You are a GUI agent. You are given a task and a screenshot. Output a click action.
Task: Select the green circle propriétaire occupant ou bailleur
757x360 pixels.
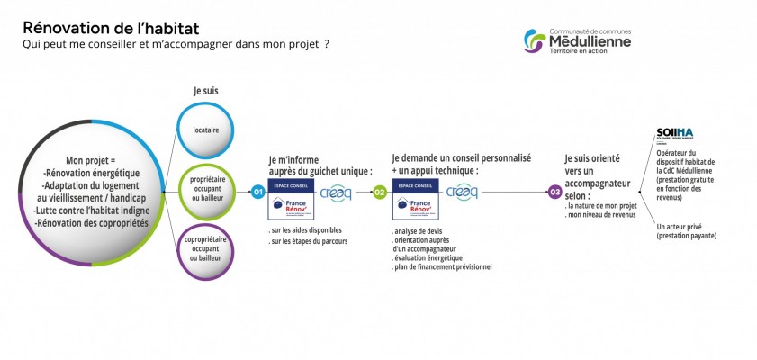pos(207,191)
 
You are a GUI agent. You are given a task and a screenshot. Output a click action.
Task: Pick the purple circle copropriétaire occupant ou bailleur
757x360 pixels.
pos(207,253)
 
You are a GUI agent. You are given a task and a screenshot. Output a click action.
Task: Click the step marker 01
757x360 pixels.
pos(258,192)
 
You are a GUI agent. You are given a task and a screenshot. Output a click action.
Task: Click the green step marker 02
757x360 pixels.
pos(380,192)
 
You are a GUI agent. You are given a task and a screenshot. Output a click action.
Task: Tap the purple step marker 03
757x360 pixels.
pos(554,192)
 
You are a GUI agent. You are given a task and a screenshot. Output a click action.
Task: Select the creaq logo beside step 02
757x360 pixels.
pos(462,192)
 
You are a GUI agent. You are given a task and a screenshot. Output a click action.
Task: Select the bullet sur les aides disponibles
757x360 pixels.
pos(306,230)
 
